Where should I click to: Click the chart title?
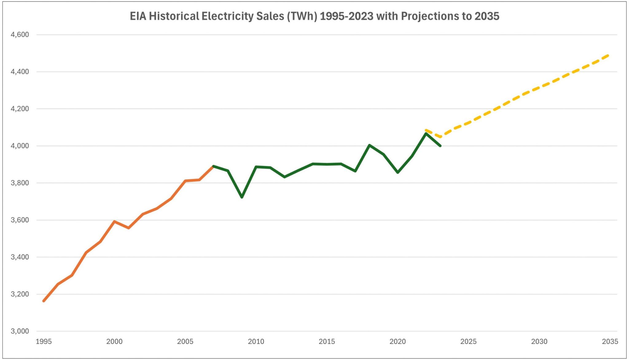pyautogui.click(x=314, y=16)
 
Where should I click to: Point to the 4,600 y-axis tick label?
pyautogui.click(x=20, y=35)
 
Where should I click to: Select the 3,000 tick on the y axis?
pyautogui.click(x=20, y=331)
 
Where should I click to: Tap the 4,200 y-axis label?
pyautogui.click(x=20, y=109)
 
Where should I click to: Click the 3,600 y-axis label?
pyautogui.click(x=20, y=220)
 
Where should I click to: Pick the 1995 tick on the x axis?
pyautogui.click(x=44, y=342)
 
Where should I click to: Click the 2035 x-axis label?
pyautogui.click(x=610, y=342)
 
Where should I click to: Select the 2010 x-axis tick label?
pyautogui.click(x=256, y=342)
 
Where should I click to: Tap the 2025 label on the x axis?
pyautogui.click(x=468, y=342)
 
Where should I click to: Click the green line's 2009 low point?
pyautogui.click(x=242, y=197)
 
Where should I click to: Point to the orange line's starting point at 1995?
pyautogui.click(x=44, y=301)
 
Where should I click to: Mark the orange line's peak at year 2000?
pyautogui.click(x=114, y=221)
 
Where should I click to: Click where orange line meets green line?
pyautogui.click(x=213, y=166)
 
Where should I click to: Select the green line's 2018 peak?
pyautogui.click(x=369, y=145)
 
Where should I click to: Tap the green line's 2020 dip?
pyautogui.click(x=398, y=172)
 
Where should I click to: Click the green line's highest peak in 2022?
pyautogui.click(x=426, y=133)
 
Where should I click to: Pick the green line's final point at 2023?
pyautogui.click(x=440, y=146)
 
